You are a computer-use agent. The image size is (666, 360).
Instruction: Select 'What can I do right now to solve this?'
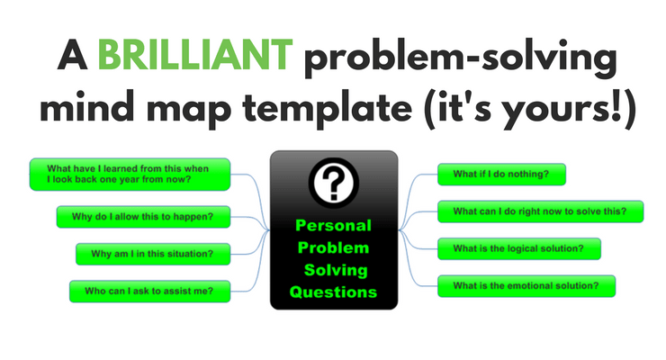pos(540,211)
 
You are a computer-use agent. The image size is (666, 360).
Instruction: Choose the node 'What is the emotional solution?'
pos(526,286)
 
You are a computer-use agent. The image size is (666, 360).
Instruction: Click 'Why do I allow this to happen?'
pos(142,217)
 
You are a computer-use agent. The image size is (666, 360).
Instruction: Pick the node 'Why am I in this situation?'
pos(152,254)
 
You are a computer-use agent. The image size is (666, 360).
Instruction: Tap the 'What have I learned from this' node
pos(130,173)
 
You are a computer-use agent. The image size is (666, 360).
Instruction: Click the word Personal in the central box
pos(333,226)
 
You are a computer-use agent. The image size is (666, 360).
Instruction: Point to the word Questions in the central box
pos(333,292)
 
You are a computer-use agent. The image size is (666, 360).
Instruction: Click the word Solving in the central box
pos(333,270)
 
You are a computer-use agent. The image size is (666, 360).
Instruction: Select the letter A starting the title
pos(72,56)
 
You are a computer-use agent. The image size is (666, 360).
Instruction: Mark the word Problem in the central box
pos(333,248)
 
